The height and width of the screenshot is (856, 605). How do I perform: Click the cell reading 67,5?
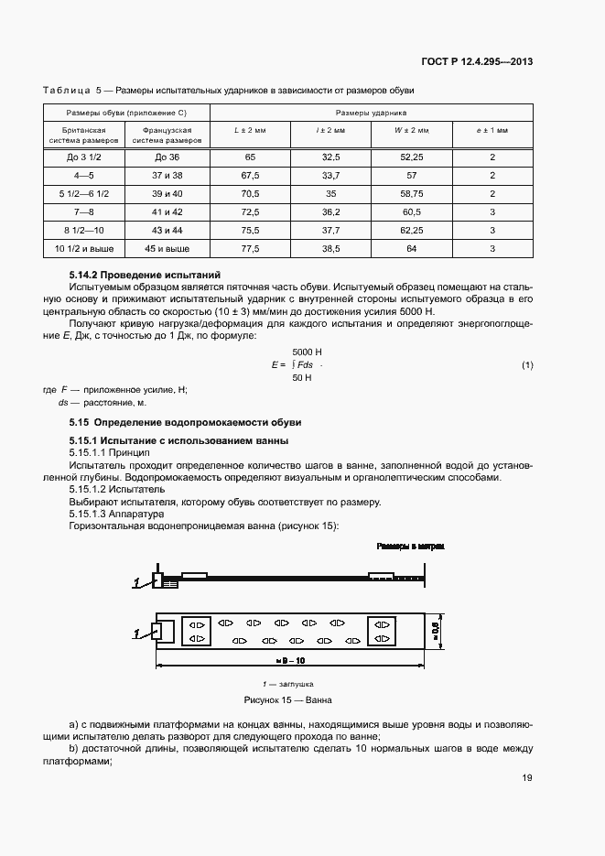tap(249, 176)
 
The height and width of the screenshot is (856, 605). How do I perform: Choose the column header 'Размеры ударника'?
tap(372, 112)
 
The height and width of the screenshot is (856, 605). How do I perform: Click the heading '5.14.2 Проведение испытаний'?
tap(146, 276)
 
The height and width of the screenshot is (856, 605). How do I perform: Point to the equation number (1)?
tap(527, 365)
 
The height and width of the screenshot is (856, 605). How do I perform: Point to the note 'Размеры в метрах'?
tap(410, 547)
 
